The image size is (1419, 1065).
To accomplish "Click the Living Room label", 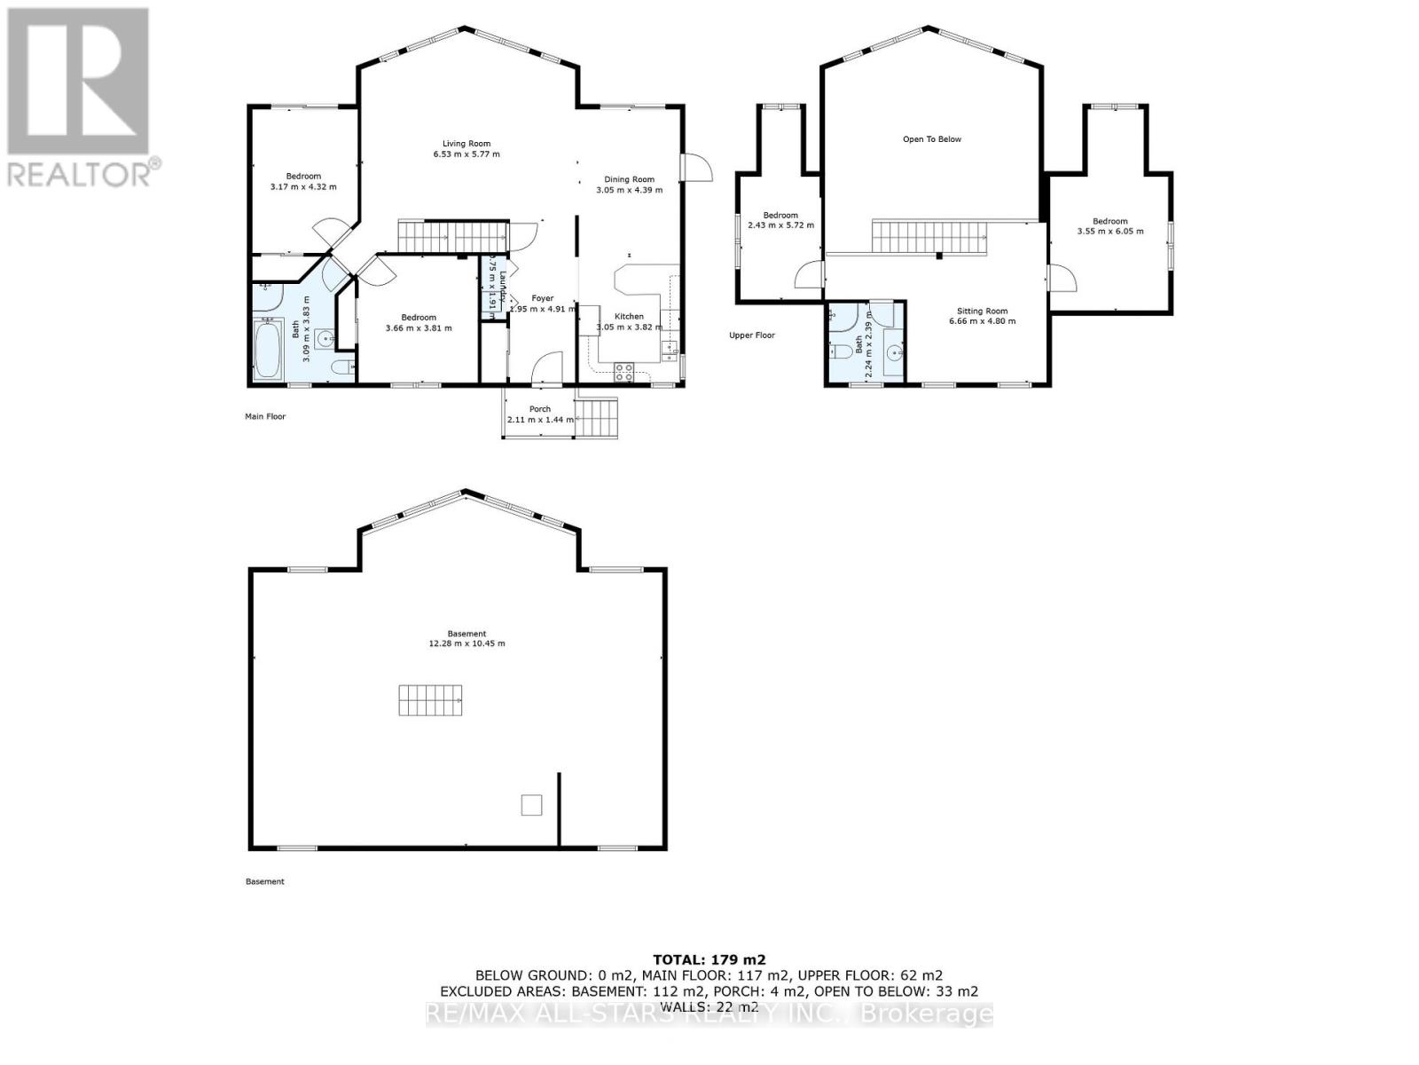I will [x=466, y=144].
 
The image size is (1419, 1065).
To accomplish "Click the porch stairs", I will [x=596, y=417].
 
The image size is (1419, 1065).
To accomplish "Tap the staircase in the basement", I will [x=430, y=700].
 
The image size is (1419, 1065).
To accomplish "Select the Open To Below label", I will [x=931, y=139].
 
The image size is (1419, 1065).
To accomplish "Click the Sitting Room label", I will [x=982, y=312].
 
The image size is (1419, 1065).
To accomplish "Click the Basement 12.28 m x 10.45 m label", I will [x=466, y=638].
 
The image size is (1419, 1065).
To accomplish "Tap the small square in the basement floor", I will [x=531, y=804].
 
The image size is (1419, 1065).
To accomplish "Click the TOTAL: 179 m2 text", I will [x=709, y=959].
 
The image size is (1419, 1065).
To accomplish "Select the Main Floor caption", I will [x=265, y=416].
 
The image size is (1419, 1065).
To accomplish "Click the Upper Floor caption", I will [x=752, y=335].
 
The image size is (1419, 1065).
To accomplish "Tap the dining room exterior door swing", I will [x=698, y=169].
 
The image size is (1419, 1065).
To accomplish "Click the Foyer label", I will [x=542, y=299].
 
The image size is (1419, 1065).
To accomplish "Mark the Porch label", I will [x=539, y=409].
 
